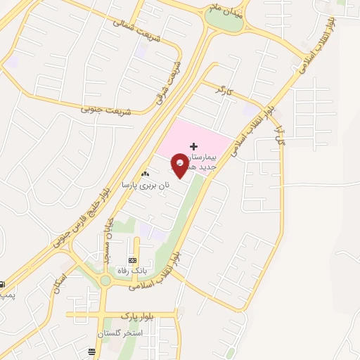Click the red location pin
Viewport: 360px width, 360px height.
pos(180,165)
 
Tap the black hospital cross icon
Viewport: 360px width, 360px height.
pos(194,146)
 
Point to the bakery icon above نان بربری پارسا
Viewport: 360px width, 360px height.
pos(146,174)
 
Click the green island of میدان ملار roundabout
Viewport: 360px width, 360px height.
pos(227,22)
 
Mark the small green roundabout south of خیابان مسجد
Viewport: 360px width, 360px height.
pos(105,281)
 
